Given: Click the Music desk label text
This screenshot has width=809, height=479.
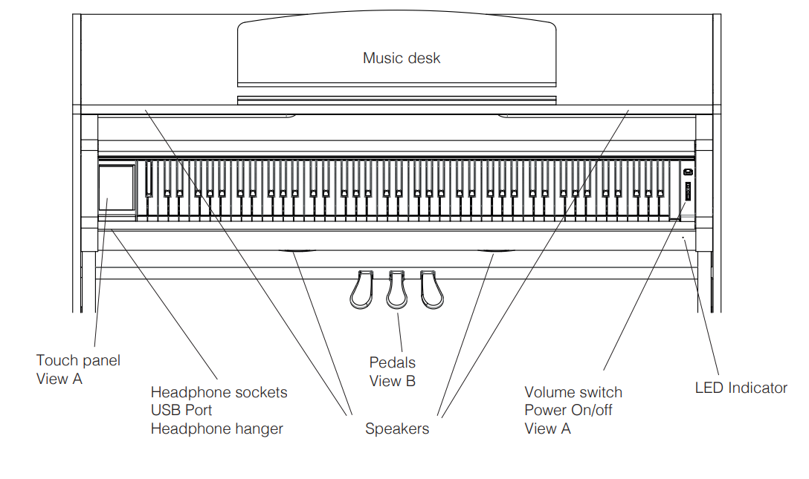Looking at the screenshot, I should click(x=402, y=58).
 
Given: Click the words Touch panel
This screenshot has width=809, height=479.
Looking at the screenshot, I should click(x=78, y=360).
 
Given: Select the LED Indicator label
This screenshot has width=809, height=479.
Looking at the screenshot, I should click(x=741, y=388).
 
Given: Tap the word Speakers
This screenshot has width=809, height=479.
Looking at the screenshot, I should click(x=397, y=429).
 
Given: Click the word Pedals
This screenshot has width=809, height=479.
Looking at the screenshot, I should click(x=393, y=362).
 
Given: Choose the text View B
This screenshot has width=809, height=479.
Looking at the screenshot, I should click(x=393, y=381).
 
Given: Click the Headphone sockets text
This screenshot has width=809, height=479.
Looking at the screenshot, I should click(x=219, y=392).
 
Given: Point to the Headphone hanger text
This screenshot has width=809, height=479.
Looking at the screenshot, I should click(x=217, y=429).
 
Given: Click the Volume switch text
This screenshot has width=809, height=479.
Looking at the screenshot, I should click(x=573, y=392).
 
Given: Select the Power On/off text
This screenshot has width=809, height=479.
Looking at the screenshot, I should click(x=569, y=410).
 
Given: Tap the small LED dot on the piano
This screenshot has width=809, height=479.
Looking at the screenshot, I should click(x=684, y=238).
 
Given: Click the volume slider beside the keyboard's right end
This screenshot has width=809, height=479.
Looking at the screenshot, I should click(x=688, y=194).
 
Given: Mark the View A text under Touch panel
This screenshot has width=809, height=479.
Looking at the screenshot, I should click(x=59, y=379).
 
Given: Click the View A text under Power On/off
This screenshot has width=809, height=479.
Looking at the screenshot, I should click(x=548, y=429).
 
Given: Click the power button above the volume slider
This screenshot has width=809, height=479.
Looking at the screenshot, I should click(x=688, y=172).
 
